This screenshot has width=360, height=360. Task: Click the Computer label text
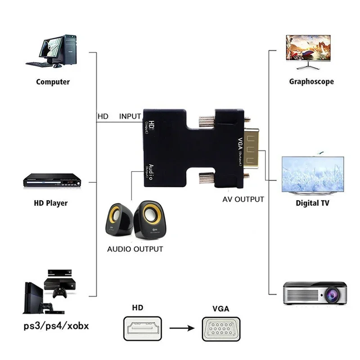point(53,82)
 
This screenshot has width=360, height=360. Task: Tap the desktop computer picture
point(53,51)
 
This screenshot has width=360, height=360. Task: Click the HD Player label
point(51,203)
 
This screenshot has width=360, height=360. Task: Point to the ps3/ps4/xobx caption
point(56,325)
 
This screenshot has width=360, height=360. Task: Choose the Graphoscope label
point(311,82)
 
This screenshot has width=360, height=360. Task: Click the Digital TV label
point(312,203)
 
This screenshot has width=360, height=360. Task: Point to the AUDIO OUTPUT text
point(135,249)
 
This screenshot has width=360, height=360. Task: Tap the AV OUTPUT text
point(243,199)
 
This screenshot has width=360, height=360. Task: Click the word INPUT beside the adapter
point(130,116)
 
